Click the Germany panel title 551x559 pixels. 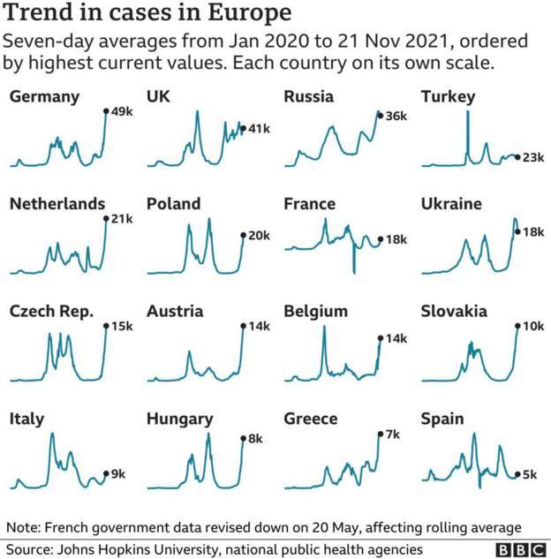(44, 97)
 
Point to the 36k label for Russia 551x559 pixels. (396, 116)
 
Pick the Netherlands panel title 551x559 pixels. (57, 204)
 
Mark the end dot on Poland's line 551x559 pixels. (243, 235)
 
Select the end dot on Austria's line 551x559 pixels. (243, 326)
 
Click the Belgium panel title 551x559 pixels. (316, 312)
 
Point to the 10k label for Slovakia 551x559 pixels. (533, 327)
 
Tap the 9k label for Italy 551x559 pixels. (117, 475)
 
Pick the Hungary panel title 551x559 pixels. (179, 419)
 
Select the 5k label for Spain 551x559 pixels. (530, 475)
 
